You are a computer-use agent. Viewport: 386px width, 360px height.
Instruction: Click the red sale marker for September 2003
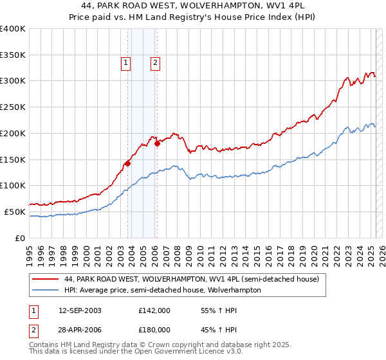[x=127, y=163]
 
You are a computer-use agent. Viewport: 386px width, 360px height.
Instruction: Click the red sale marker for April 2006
[x=157, y=143]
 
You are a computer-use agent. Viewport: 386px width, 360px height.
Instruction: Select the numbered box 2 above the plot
[x=156, y=63]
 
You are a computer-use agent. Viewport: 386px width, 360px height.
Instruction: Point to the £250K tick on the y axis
[x=13, y=107]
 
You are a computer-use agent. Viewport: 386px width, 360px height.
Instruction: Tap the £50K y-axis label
[x=15, y=212]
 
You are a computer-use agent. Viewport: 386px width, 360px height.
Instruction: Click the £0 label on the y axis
[x=19, y=238]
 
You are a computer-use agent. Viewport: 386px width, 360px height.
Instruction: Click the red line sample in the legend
[x=46, y=280]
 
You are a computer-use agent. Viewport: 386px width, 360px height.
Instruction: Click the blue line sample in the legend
[x=46, y=290]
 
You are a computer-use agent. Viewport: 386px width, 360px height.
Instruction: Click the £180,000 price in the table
[x=154, y=329]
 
